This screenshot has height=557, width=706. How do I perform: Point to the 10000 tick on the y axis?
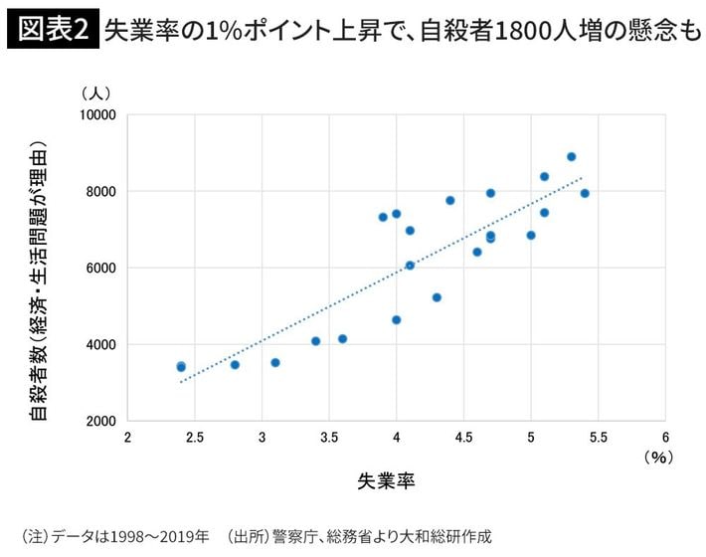pos(98,114)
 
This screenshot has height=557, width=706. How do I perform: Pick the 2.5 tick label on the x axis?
pos(195,437)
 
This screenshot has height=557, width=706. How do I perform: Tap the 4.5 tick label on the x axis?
pos(464,437)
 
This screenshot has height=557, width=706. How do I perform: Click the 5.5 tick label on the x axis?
pos(599,437)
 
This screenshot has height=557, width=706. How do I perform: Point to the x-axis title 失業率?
pos(386,481)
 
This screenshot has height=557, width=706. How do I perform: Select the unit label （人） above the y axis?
pos(96,93)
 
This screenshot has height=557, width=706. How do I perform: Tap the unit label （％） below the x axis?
pos(658,457)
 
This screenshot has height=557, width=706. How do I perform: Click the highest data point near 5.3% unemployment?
pos(571,157)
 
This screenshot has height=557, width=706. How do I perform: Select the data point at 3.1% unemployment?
pos(275,363)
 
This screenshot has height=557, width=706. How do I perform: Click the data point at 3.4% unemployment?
pos(315,341)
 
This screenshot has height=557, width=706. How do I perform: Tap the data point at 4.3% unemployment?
pos(437,297)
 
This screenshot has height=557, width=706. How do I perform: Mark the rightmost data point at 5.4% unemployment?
pos(585,193)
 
